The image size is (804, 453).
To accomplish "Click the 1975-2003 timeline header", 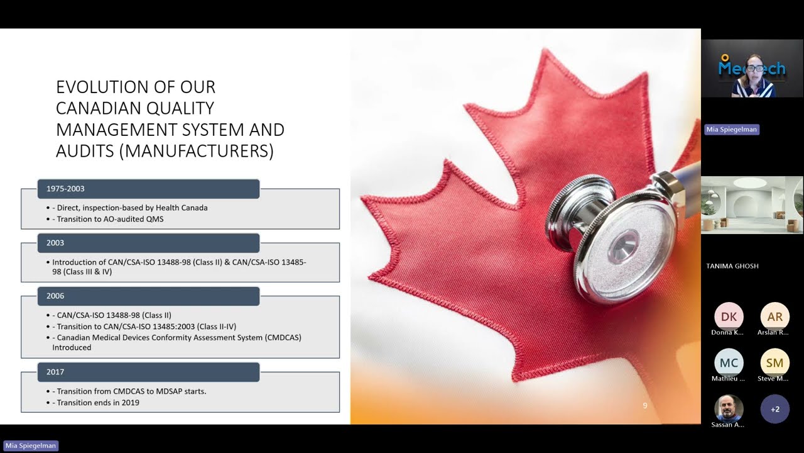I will [x=148, y=189].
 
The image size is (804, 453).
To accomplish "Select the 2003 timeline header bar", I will [x=148, y=243].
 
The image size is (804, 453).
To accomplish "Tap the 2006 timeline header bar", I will [x=148, y=296].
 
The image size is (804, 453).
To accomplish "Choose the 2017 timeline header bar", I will [x=148, y=372].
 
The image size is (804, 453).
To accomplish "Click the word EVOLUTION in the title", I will [x=102, y=87].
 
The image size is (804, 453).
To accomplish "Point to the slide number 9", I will [x=645, y=406].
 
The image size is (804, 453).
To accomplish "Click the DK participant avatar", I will [x=729, y=316].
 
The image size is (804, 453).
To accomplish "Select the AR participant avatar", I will [x=774, y=316].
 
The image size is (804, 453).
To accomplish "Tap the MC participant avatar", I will [x=729, y=363].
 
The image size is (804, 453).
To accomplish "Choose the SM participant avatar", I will [x=774, y=363].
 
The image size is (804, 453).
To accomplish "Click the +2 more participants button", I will [x=774, y=409].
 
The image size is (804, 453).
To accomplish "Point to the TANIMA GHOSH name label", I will [x=732, y=266].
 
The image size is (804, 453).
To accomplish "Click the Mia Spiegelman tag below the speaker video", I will [x=732, y=130].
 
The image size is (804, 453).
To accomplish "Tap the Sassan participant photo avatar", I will [x=729, y=408].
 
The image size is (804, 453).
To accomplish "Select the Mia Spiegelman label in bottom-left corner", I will [x=31, y=445].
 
